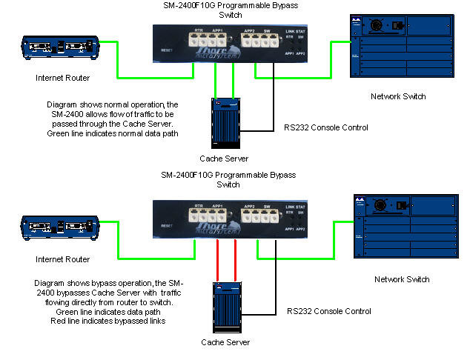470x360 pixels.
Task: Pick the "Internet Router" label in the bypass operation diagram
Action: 63,259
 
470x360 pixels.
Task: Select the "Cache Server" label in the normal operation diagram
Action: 225,158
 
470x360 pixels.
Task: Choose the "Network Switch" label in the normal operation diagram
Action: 399,96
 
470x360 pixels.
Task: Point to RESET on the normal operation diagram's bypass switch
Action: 166,50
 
